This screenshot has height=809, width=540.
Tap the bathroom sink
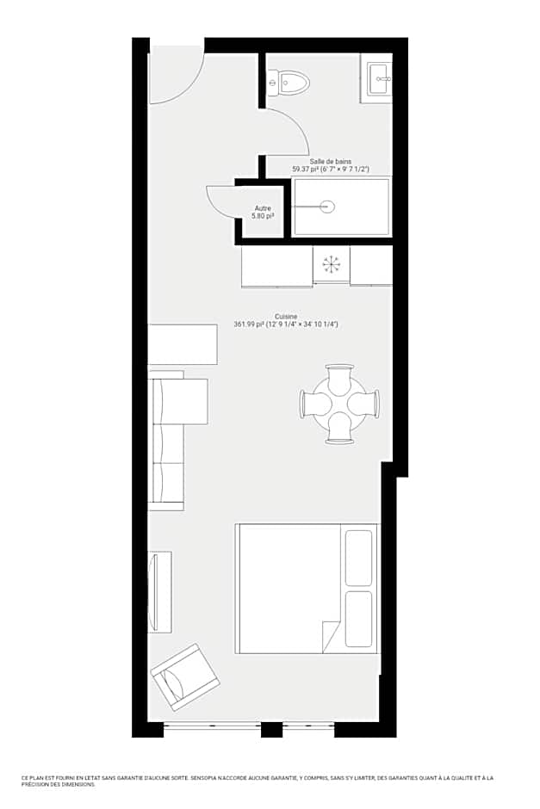pos(380,79)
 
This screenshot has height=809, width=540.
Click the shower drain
pos(326,206)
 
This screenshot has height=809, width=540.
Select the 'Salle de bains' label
pos(331,161)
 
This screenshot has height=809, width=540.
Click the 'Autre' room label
pos(263,208)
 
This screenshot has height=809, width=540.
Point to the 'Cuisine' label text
pos(286,317)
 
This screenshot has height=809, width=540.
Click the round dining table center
pos(339,404)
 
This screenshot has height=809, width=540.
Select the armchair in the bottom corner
pos(183,677)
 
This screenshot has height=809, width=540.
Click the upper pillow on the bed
pos(358,558)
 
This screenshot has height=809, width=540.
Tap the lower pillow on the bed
pos(358,618)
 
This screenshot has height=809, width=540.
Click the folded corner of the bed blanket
pos(331,637)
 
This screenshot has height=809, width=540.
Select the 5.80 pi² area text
pos(263,215)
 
